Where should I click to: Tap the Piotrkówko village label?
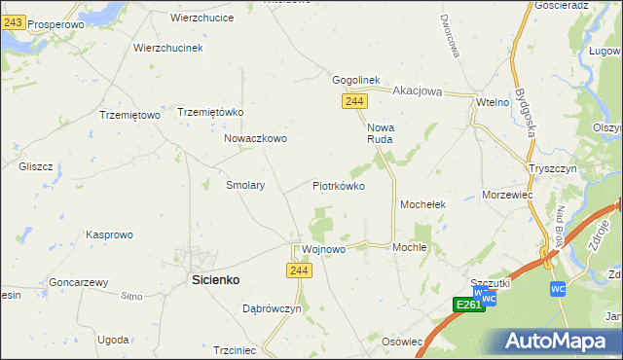pos(338,185)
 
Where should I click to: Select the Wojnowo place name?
pos(323,249)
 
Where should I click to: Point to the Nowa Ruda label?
pos(380,133)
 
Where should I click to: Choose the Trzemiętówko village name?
pos(209,112)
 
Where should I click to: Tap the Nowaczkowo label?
pos(255,138)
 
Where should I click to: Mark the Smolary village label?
pos(245,184)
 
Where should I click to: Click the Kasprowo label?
pos(109,234)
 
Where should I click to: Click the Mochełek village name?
pos(422,204)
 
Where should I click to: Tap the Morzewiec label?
pos(507,195)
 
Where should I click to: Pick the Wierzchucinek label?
pos(166,48)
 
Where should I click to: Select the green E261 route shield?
pos(469,305)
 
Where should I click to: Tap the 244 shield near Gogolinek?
pos(354,101)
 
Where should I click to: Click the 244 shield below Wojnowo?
pos(300,270)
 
